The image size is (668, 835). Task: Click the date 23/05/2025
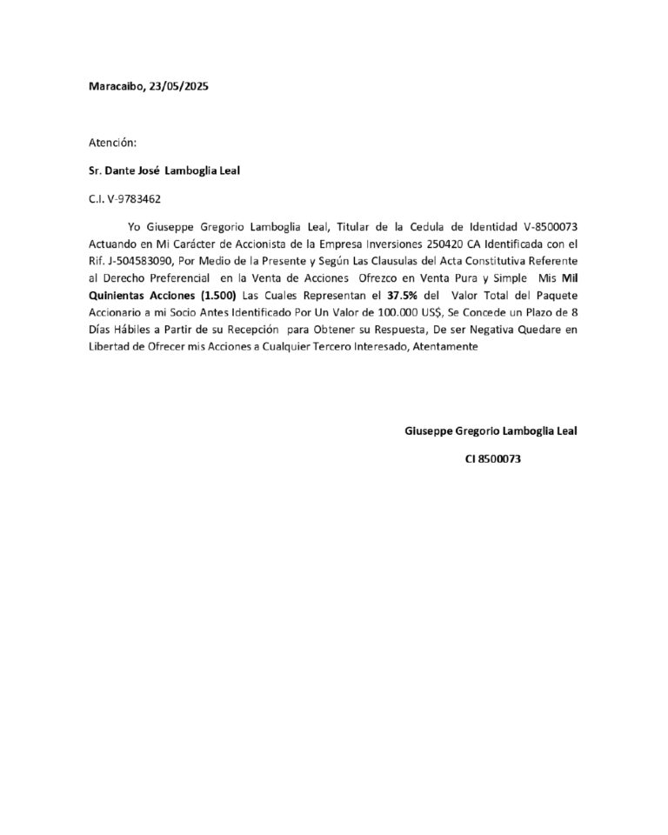(179, 87)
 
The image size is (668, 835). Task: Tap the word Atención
(112, 143)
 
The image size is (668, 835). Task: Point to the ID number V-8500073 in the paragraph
(547, 227)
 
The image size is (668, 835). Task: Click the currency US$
(430, 311)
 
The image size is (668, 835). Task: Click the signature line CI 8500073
(492, 459)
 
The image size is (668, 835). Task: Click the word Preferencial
(177, 277)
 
